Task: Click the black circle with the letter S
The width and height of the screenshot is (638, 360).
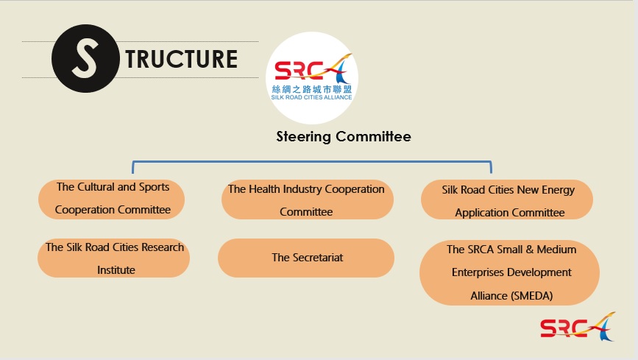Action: click(x=85, y=58)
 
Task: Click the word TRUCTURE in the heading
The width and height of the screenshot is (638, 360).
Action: click(x=182, y=60)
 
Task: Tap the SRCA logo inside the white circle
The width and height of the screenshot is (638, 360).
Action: click(x=313, y=68)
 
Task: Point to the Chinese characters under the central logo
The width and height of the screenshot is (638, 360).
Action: click(x=312, y=89)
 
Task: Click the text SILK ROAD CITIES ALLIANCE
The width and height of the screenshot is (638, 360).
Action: click(x=312, y=97)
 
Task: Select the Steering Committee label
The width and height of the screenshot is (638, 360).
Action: click(x=344, y=136)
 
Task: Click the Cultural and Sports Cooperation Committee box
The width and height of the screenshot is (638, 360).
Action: click(x=112, y=199)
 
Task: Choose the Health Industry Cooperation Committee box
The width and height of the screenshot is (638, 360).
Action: click(x=307, y=200)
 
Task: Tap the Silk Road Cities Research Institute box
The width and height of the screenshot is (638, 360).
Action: click(x=113, y=258)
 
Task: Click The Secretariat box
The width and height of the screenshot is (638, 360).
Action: click(x=306, y=258)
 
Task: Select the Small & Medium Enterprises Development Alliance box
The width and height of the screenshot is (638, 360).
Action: click(x=509, y=272)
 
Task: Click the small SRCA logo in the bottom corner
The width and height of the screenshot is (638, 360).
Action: click(x=578, y=326)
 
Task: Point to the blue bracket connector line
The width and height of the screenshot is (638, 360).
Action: click(x=312, y=162)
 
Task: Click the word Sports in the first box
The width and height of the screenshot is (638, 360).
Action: click(x=154, y=187)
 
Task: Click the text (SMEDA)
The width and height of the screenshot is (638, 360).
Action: click(x=532, y=296)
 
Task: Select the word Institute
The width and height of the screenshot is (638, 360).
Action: click(x=116, y=270)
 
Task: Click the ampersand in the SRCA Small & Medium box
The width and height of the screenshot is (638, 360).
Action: click(x=529, y=250)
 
